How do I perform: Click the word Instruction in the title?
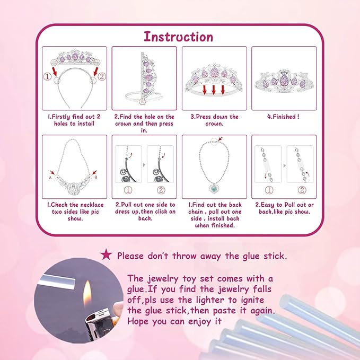point(179,37)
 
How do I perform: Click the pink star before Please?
point(107,256)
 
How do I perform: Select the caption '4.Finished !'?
point(283,117)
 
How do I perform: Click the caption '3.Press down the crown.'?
point(214,120)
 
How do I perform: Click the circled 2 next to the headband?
point(102,76)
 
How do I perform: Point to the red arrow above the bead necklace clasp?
point(221,140)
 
